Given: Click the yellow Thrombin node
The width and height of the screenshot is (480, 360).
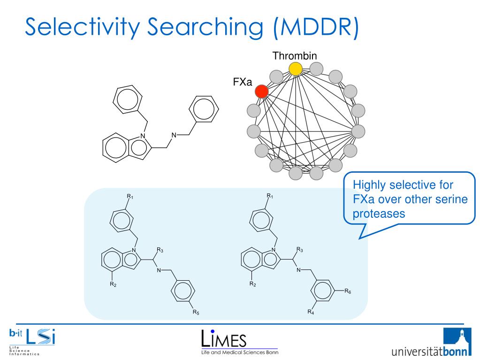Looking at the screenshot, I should (x=295, y=69).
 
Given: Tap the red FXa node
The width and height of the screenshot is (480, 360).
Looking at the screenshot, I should (x=262, y=91).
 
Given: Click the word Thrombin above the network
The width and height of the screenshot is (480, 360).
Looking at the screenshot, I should (x=295, y=56).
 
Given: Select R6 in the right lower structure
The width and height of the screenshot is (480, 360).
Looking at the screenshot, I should (x=348, y=291).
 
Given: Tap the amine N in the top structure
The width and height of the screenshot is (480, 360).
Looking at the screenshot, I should (x=173, y=136).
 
